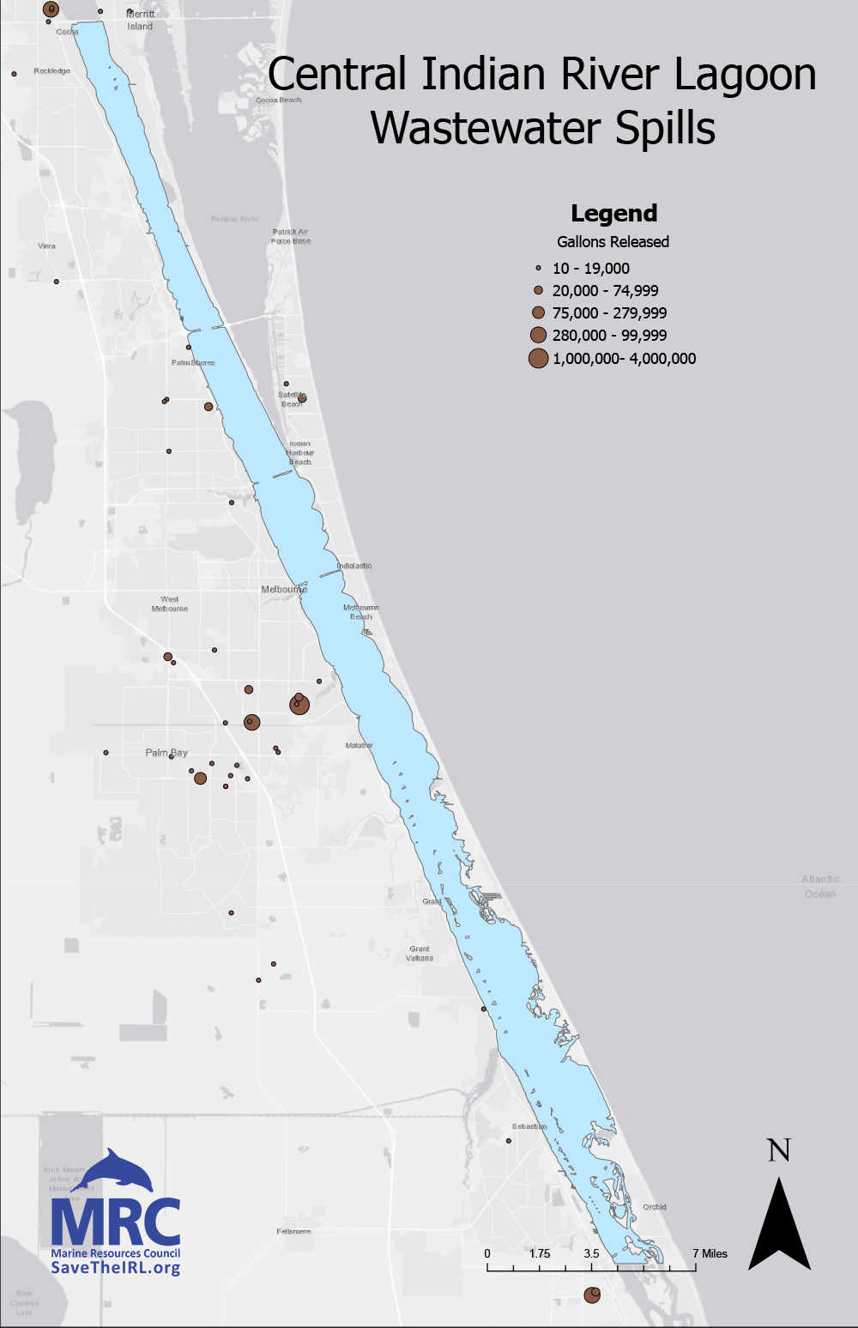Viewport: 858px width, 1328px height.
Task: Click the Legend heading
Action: tap(613, 214)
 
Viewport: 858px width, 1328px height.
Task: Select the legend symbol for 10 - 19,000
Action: tap(539, 269)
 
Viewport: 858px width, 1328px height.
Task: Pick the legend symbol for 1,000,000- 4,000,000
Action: tap(538, 359)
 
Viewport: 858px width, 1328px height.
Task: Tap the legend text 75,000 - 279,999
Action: tap(609, 313)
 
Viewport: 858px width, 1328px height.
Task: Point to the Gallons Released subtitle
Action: tap(613, 242)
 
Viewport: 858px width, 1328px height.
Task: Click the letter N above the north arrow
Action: tap(779, 1151)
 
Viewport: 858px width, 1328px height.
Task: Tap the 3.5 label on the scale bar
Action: tap(592, 1253)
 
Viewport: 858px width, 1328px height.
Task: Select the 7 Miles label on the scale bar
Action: tap(710, 1253)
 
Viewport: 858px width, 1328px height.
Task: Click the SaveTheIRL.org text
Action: tap(115, 1268)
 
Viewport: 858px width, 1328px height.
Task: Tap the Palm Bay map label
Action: tap(166, 753)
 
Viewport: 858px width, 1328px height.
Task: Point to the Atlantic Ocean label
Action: tap(820, 887)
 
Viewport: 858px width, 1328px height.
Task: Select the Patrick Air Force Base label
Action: tap(291, 236)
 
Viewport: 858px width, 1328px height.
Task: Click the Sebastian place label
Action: tap(529, 1126)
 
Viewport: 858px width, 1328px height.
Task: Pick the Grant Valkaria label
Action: tap(420, 954)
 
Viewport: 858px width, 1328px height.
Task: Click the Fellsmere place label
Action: tap(293, 1231)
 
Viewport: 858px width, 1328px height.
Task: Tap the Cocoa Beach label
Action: tap(279, 100)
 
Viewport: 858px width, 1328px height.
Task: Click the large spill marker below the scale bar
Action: tap(592, 1295)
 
